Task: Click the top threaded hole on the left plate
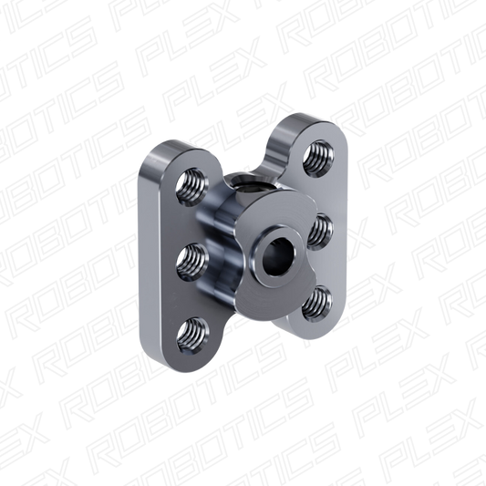pyautogui.click(x=191, y=188)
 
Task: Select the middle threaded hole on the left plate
pyautogui.click(x=192, y=263)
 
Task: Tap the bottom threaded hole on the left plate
pyautogui.click(x=192, y=336)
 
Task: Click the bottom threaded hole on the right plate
pyautogui.click(x=316, y=304)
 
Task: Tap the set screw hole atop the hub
pyautogui.click(x=245, y=184)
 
